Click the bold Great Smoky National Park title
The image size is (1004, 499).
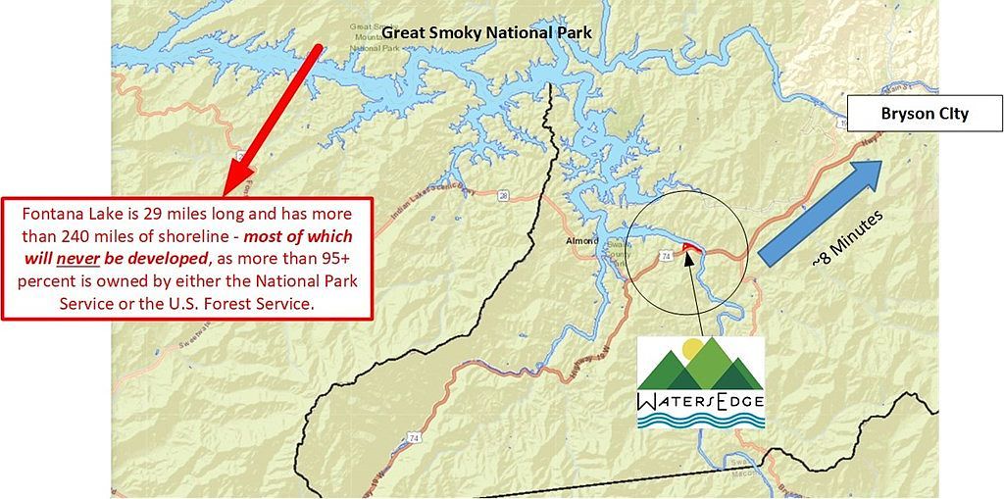click(x=486, y=32)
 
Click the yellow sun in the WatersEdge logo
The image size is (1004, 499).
click(x=693, y=348)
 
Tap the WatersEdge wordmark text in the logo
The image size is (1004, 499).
click(x=700, y=400)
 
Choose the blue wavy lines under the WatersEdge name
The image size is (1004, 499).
click(x=700, y=420)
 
